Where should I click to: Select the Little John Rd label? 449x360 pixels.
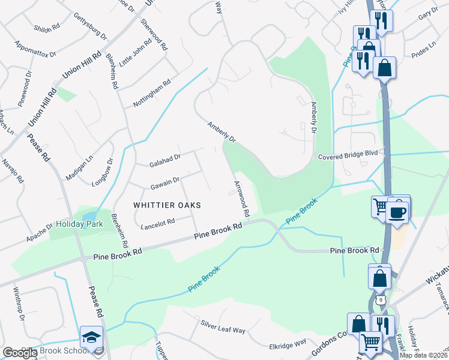coord(136,52)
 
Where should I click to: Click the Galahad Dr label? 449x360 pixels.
coord(165,158)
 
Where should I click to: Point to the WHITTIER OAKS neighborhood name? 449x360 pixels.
coord(167,205)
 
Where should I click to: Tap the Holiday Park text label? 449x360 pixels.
coord(80,224)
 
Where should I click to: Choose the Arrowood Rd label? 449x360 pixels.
coord(241,199)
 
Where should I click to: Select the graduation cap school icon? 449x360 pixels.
coord(92,337)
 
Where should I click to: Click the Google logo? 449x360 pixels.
coord(19,353)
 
